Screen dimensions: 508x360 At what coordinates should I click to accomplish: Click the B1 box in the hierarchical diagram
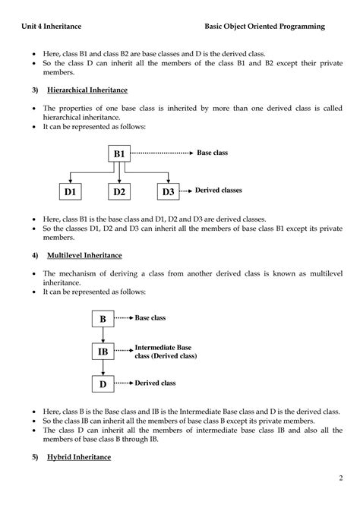tap(119, 154)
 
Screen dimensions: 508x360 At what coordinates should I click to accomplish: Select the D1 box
tap(71, 192)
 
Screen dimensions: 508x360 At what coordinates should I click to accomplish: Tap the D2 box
tap(119, 192)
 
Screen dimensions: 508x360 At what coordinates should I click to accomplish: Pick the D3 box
tap(167, 192)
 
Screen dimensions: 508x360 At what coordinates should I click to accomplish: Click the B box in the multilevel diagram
tap(103, 320)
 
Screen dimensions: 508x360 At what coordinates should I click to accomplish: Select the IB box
tap(103, 352)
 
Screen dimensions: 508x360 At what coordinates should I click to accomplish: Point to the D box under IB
tap(103, 385)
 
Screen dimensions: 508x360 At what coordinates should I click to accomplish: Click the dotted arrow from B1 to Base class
tap(163, 153)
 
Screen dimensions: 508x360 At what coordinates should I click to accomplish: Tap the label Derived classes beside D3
tap(219, 191)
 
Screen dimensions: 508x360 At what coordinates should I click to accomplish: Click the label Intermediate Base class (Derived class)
tap(166, 352)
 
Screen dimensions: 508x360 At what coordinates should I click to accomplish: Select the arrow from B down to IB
tap(103, 336)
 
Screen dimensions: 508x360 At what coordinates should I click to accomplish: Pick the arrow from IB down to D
tap(103, 369)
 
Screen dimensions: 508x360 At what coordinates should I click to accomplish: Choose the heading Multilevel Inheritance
tap(84, 254)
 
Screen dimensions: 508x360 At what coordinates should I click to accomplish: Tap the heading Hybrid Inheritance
tap(79, 457)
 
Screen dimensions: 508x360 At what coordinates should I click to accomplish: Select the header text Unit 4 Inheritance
tap(52, 27)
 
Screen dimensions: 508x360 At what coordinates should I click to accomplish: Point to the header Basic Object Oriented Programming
tap(264, 27)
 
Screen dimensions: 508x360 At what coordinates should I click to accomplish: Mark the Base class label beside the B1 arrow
tap(213, 153)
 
